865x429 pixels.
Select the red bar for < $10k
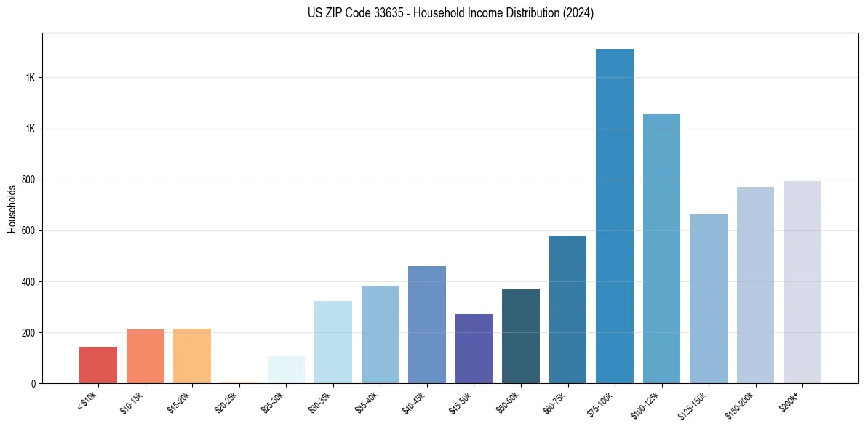98,365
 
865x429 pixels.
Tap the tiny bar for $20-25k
239,382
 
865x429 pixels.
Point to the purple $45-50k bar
474,349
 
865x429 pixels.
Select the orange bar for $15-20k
192,356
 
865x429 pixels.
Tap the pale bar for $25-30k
286,370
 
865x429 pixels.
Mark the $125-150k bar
709,298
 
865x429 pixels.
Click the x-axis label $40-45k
413,402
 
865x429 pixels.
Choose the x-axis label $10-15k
132,402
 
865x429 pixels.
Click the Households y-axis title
12,209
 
